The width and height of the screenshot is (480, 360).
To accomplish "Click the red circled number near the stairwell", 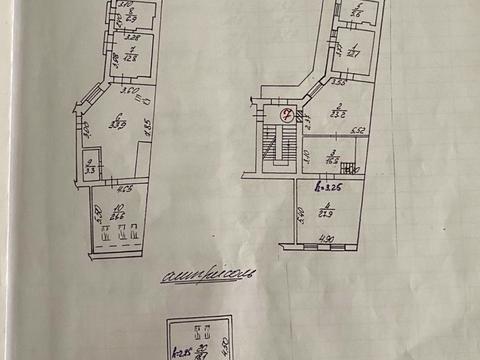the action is point(288,112).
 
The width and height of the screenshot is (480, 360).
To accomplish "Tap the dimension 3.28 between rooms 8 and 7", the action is point(133,36).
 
